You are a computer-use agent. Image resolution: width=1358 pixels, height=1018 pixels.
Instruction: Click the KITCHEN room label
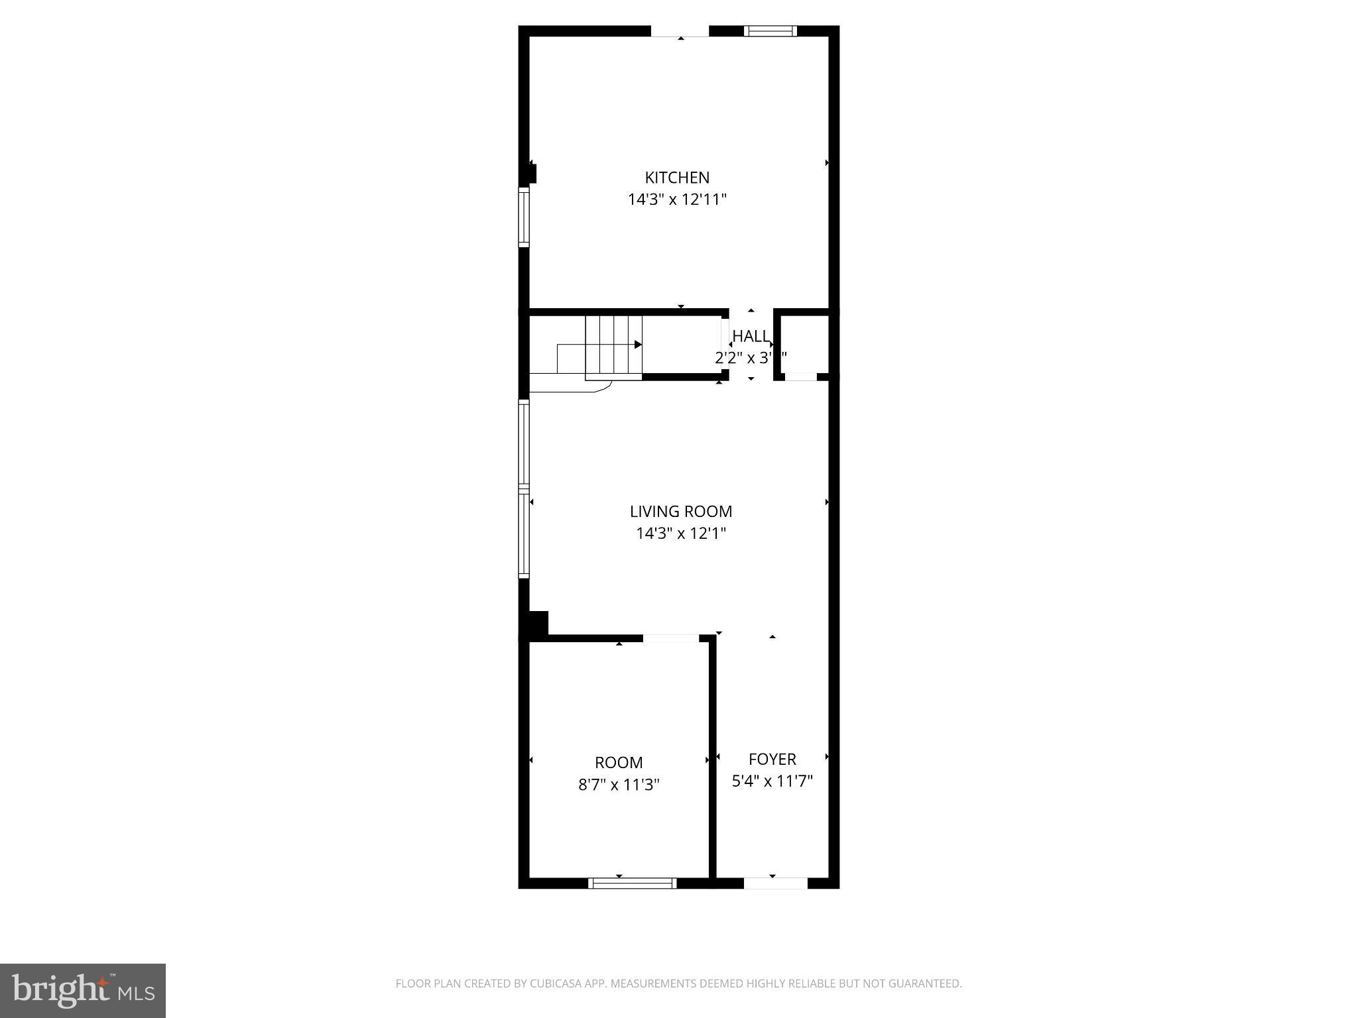point(677,178)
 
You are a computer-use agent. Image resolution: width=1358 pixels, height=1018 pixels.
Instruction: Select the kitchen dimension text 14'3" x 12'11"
point(677,199)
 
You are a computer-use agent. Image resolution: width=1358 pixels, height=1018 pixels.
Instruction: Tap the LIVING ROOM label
point(681,512)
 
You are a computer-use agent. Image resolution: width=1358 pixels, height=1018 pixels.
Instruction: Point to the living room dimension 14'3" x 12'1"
point(681,534)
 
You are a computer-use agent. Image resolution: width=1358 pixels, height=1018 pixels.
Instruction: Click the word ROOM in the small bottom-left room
point(619,763)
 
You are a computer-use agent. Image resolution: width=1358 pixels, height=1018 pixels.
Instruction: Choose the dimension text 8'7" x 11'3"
point(619,785)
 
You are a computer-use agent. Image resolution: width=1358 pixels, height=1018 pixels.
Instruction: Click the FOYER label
point(772,760)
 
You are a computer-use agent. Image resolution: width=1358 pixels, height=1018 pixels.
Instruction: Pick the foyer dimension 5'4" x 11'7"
point(772,781)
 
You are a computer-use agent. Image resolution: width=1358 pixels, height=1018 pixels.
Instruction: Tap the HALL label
point(751,336)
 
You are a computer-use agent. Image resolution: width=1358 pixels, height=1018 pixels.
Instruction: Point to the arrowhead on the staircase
point(638,345)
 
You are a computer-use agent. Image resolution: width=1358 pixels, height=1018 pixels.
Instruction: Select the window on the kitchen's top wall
point(770,30)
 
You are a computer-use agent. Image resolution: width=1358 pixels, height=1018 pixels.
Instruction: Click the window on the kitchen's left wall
point(524,217)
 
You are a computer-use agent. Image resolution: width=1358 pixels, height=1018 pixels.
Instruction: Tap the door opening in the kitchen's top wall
point(680,31)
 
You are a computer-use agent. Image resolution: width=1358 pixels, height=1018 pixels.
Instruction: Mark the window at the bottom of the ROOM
point(632,883)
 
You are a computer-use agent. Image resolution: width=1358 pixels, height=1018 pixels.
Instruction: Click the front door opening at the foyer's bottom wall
point(775,883)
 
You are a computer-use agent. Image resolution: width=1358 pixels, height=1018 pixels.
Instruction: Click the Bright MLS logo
point(83,990)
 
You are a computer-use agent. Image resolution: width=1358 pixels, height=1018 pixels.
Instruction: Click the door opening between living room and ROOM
point(670,638)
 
